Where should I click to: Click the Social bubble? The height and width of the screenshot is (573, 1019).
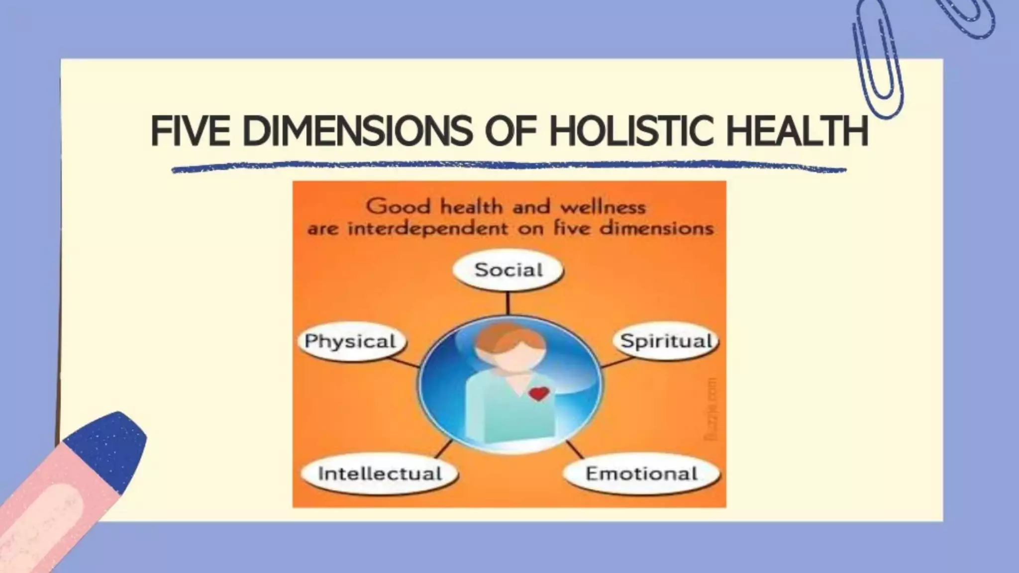[508, 270]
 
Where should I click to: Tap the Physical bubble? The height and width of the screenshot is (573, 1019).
[351, 341]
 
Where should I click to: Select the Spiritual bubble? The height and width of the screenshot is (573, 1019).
[666, 341]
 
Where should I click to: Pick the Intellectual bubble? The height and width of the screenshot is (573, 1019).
[380, 473]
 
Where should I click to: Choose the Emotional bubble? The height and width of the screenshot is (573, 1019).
[641, 473]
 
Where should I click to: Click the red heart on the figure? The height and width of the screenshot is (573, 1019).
[538, 394]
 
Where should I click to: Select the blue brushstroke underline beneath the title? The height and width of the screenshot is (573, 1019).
[508, 166]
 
